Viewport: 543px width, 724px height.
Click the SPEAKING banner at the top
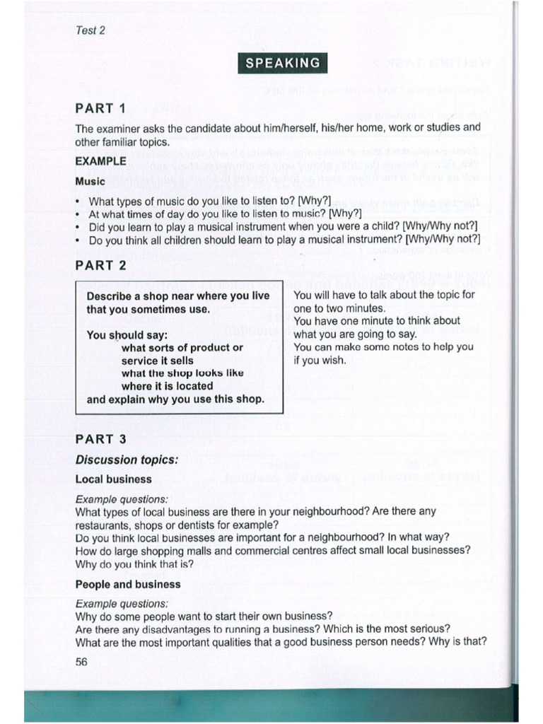point(282,63)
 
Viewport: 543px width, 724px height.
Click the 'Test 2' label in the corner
point(90,30)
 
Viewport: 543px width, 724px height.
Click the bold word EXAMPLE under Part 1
point(101,160)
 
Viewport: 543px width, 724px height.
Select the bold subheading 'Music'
point(90,182)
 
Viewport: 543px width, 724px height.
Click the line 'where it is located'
point(167,386)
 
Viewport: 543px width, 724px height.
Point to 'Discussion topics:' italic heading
point(127,460)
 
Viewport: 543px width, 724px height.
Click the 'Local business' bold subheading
point(113,479)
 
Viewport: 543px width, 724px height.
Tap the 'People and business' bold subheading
point(128,585)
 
